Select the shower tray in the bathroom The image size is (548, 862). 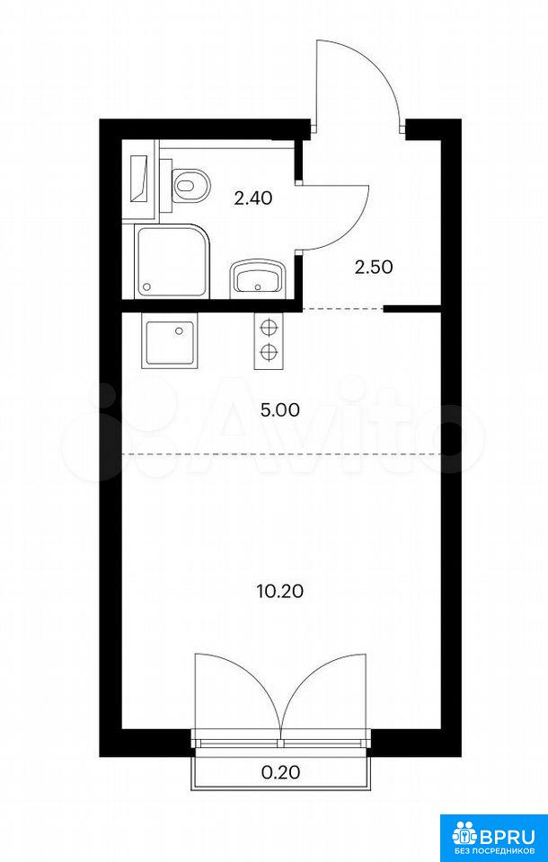point(173,261)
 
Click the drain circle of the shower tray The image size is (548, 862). point(147,287)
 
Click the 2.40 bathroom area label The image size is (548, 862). point(253,198)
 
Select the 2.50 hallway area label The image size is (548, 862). point(374,268)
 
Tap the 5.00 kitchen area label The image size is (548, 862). point(280,410)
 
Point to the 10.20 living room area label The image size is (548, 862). point(280,592)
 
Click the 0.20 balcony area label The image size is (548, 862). point(280,772)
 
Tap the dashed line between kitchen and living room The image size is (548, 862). point(282,454)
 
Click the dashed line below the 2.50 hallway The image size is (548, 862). point(343,310)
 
